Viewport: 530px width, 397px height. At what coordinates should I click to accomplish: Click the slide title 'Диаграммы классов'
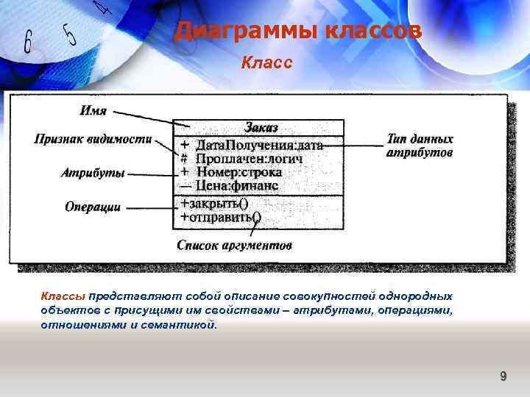[x=298, y=32]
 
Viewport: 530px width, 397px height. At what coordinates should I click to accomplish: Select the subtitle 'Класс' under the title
[x=266, y=63]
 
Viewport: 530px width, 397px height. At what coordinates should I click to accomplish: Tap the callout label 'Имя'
[x=93, y=111]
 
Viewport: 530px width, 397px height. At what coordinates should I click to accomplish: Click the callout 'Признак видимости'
[x=93, y=139]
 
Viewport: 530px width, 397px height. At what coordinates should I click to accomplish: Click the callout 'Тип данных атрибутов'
[x=420, y=146]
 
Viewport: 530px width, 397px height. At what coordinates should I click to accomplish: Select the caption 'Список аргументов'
[x=234, y=245]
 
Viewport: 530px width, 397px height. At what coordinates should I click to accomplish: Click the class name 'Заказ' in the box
[x=261, y=128]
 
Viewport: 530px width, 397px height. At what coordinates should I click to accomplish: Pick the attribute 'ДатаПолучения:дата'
[x=258, y=146]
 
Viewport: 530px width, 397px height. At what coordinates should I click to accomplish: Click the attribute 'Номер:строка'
[x=239, y=173]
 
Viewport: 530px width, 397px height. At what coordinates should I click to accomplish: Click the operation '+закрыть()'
[x=213, y=204]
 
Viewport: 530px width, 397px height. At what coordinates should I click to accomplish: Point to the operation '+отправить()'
[x=220, y=217]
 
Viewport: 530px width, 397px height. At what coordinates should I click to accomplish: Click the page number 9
[x=503, y=376]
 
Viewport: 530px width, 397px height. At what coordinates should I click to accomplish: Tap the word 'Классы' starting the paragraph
[x=63, y=296]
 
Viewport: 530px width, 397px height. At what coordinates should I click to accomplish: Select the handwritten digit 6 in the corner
[x=27, y=43]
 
